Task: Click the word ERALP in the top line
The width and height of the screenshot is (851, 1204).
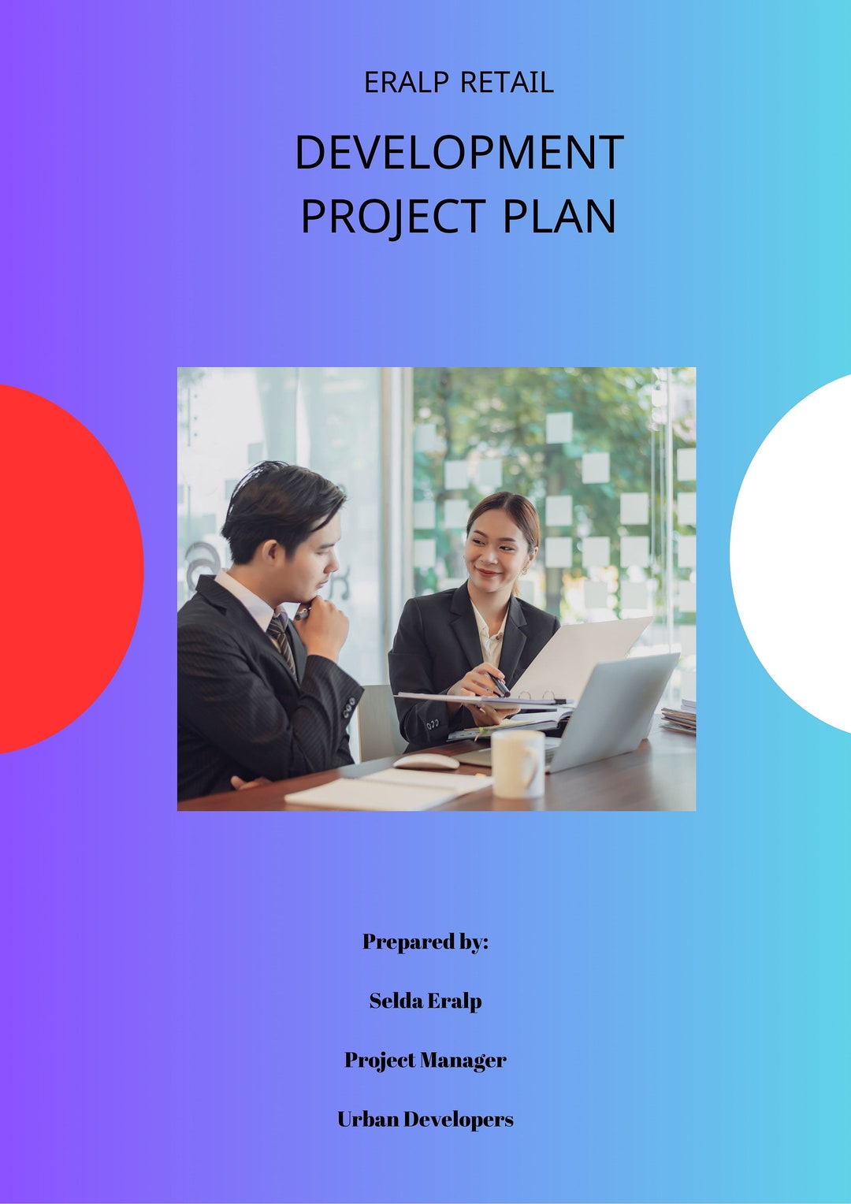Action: point(406,83)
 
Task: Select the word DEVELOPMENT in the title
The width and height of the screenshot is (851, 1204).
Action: point(459,152)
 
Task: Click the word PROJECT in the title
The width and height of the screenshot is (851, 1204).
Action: point(393,217)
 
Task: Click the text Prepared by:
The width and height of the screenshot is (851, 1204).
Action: point(425,942)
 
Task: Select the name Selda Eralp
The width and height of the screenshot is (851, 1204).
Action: point(425,1001)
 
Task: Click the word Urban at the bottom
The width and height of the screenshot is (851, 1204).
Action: point(368,1120)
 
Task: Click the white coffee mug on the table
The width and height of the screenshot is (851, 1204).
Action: point(518,763)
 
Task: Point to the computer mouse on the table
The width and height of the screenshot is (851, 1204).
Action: point(425,761)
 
